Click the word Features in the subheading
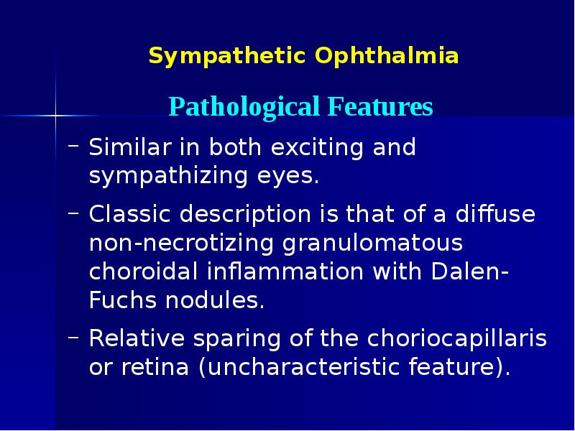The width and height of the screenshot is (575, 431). click(380, 107)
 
